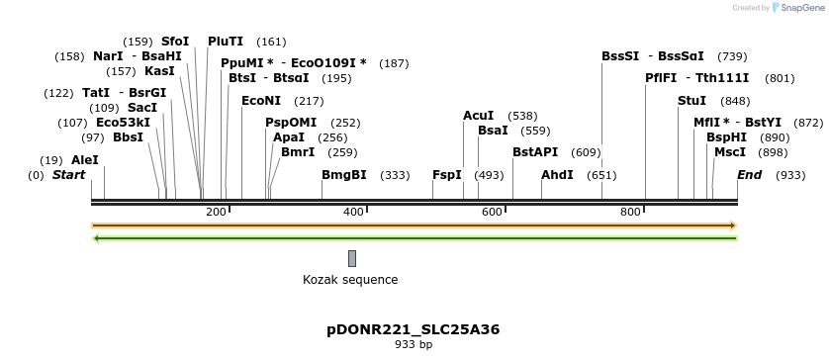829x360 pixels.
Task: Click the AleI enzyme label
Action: coord(85,159)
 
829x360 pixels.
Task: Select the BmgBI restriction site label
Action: coord(344,175)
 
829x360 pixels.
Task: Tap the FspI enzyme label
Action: coord(447,175)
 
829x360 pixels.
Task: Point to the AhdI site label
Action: coord(557,175)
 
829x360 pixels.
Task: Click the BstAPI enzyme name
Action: coord(535,152)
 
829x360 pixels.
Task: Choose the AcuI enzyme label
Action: coord(478,116)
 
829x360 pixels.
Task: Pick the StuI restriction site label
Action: coord(692,101)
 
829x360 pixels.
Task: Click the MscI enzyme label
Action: coord(730,152)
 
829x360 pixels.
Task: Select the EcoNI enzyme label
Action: coord(261,101)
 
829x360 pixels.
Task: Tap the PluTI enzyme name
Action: coord(226,42)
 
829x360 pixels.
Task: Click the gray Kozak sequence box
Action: coord(352,259)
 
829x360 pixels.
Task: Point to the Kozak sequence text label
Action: coord(350,280)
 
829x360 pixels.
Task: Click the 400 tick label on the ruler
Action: coord(353,213)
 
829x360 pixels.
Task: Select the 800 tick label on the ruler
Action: coord(630,213)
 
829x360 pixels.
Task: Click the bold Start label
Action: coord(69,175)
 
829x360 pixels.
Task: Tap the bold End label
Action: coord(750,175)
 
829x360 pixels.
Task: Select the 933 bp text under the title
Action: coord(413,345)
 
